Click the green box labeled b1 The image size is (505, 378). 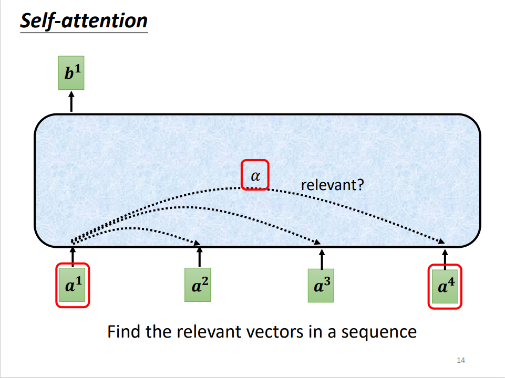(x=71, y=72)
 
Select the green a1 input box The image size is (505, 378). (x=72, y=285)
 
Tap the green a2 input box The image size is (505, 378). (x=198, y=285)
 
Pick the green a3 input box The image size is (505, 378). (x=321, y=286)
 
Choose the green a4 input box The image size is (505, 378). (x=445, y=287)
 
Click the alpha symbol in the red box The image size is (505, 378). (x=255, y=176)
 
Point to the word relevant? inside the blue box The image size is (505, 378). (x=332, y=185)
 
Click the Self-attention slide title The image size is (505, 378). (x=84, y=20)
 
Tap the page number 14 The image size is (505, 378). (x=460, y=360)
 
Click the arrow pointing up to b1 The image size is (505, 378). (x=71, y=101)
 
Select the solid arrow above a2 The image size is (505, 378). (x=199, y=257)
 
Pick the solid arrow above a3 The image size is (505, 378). (x=322, y=259)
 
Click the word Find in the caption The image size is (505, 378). (x=124, y=331)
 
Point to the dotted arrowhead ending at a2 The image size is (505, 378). (x=197, y=243)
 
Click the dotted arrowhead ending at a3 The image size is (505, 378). (x=317, y=242)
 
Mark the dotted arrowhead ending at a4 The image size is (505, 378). (x=441, y=241)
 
